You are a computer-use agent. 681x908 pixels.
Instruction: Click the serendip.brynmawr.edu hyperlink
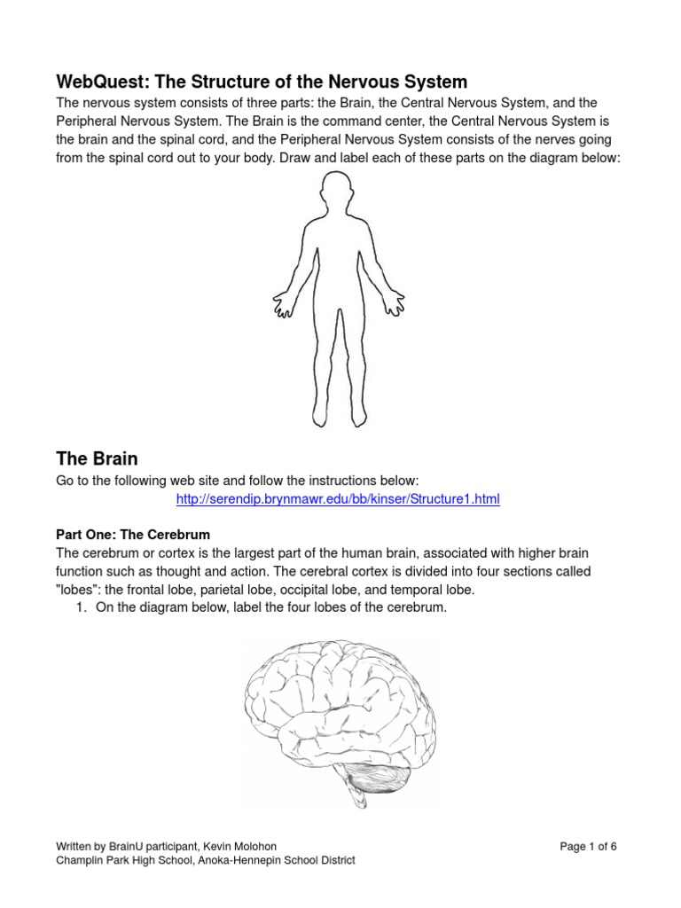point(338,499)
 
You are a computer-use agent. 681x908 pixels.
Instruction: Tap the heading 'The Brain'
point(97,458)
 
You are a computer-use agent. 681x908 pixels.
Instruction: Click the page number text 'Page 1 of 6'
point(588,847)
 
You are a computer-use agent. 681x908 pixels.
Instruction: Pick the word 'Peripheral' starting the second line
point(89,120)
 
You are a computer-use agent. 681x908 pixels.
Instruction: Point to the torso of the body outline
point(339,266)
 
